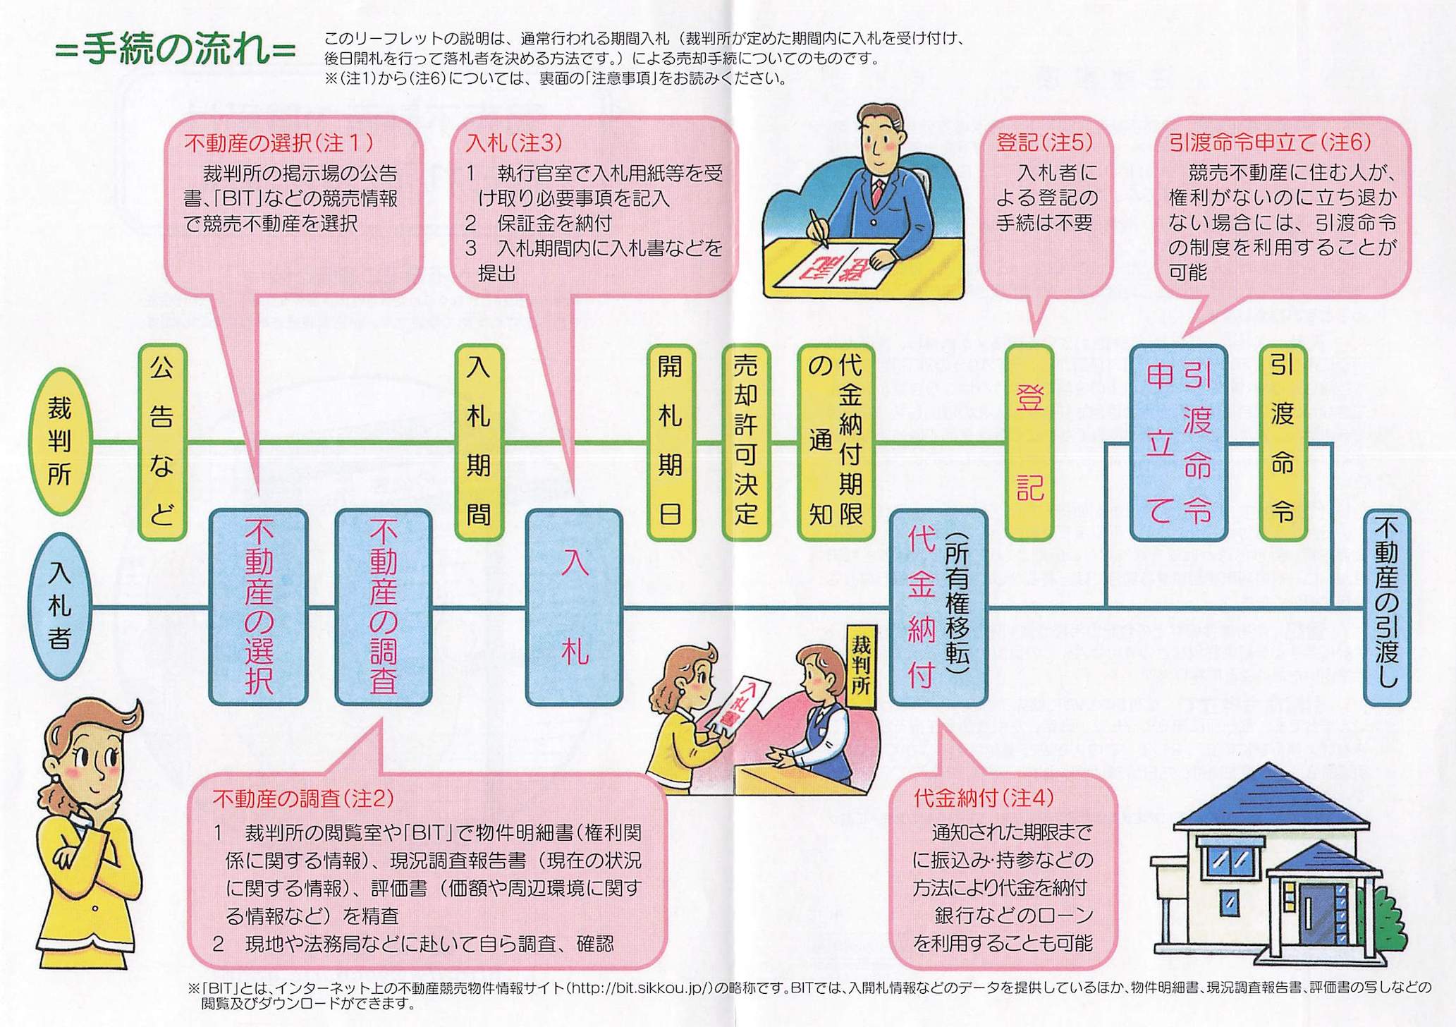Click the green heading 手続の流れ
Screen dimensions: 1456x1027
click(x=175, y=50)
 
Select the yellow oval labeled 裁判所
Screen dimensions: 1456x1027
click(x=60, y=441)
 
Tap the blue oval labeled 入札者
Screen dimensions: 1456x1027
click(x=60, y=607)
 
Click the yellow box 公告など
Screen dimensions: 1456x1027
click(x=161, y=442)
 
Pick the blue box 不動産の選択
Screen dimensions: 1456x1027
click(x=259, y=607)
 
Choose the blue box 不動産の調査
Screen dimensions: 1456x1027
click(x=384, y=607)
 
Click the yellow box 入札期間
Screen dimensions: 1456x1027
click(x=479, y=442)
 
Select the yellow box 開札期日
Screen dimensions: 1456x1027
click(x=671, y=442)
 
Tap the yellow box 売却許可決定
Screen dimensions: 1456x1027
click(x=746, y=442)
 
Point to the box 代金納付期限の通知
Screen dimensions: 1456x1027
click(x=836, y=442)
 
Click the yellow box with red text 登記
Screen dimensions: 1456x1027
click(x=1029, y=442)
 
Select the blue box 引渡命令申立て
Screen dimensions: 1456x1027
click(x=1179, y=442)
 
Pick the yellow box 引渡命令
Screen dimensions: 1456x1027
click(x=1283, y=442)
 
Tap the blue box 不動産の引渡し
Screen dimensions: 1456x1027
click(x=1387, y=607)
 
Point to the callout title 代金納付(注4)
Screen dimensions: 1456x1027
click(x=984, y=798)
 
